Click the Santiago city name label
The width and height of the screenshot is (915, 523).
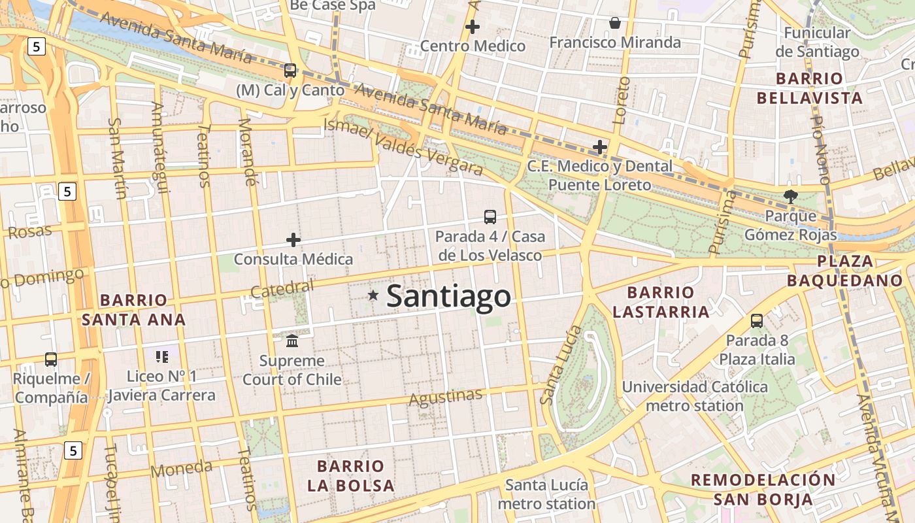tap(448, 296)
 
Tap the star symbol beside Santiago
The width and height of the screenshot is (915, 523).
tap(373, 295)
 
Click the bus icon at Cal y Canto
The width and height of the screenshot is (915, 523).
tap(290, 70)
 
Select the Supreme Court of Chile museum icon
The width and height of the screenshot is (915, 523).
tap(292, 341)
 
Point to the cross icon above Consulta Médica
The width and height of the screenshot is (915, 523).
tap(293, 240)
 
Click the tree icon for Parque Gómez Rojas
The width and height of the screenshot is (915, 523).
tap(791, 195)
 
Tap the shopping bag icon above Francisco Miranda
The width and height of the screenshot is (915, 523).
tap(615, 24)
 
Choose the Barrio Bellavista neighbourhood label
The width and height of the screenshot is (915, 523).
tap(809, 88)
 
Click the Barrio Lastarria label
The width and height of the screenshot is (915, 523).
tap(661, 302)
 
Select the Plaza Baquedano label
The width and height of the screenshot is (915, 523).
tap(844, 271)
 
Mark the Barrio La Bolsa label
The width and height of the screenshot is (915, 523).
tap(351, 476)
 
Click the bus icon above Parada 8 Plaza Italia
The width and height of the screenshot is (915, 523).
tap(757, 320)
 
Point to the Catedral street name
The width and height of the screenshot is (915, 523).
tap(282, 288)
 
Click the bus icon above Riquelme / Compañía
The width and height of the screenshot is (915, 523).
tap(51, 359)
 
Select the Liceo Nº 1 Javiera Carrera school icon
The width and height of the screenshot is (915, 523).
tap(161, 356)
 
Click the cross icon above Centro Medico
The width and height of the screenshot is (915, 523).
tap(473, 27)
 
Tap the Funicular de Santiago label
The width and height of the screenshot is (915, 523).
tap(817, 42)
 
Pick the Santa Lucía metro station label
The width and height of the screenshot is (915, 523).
tap(546, 494)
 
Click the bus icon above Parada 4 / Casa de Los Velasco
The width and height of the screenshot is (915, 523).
tap(490, 216)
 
